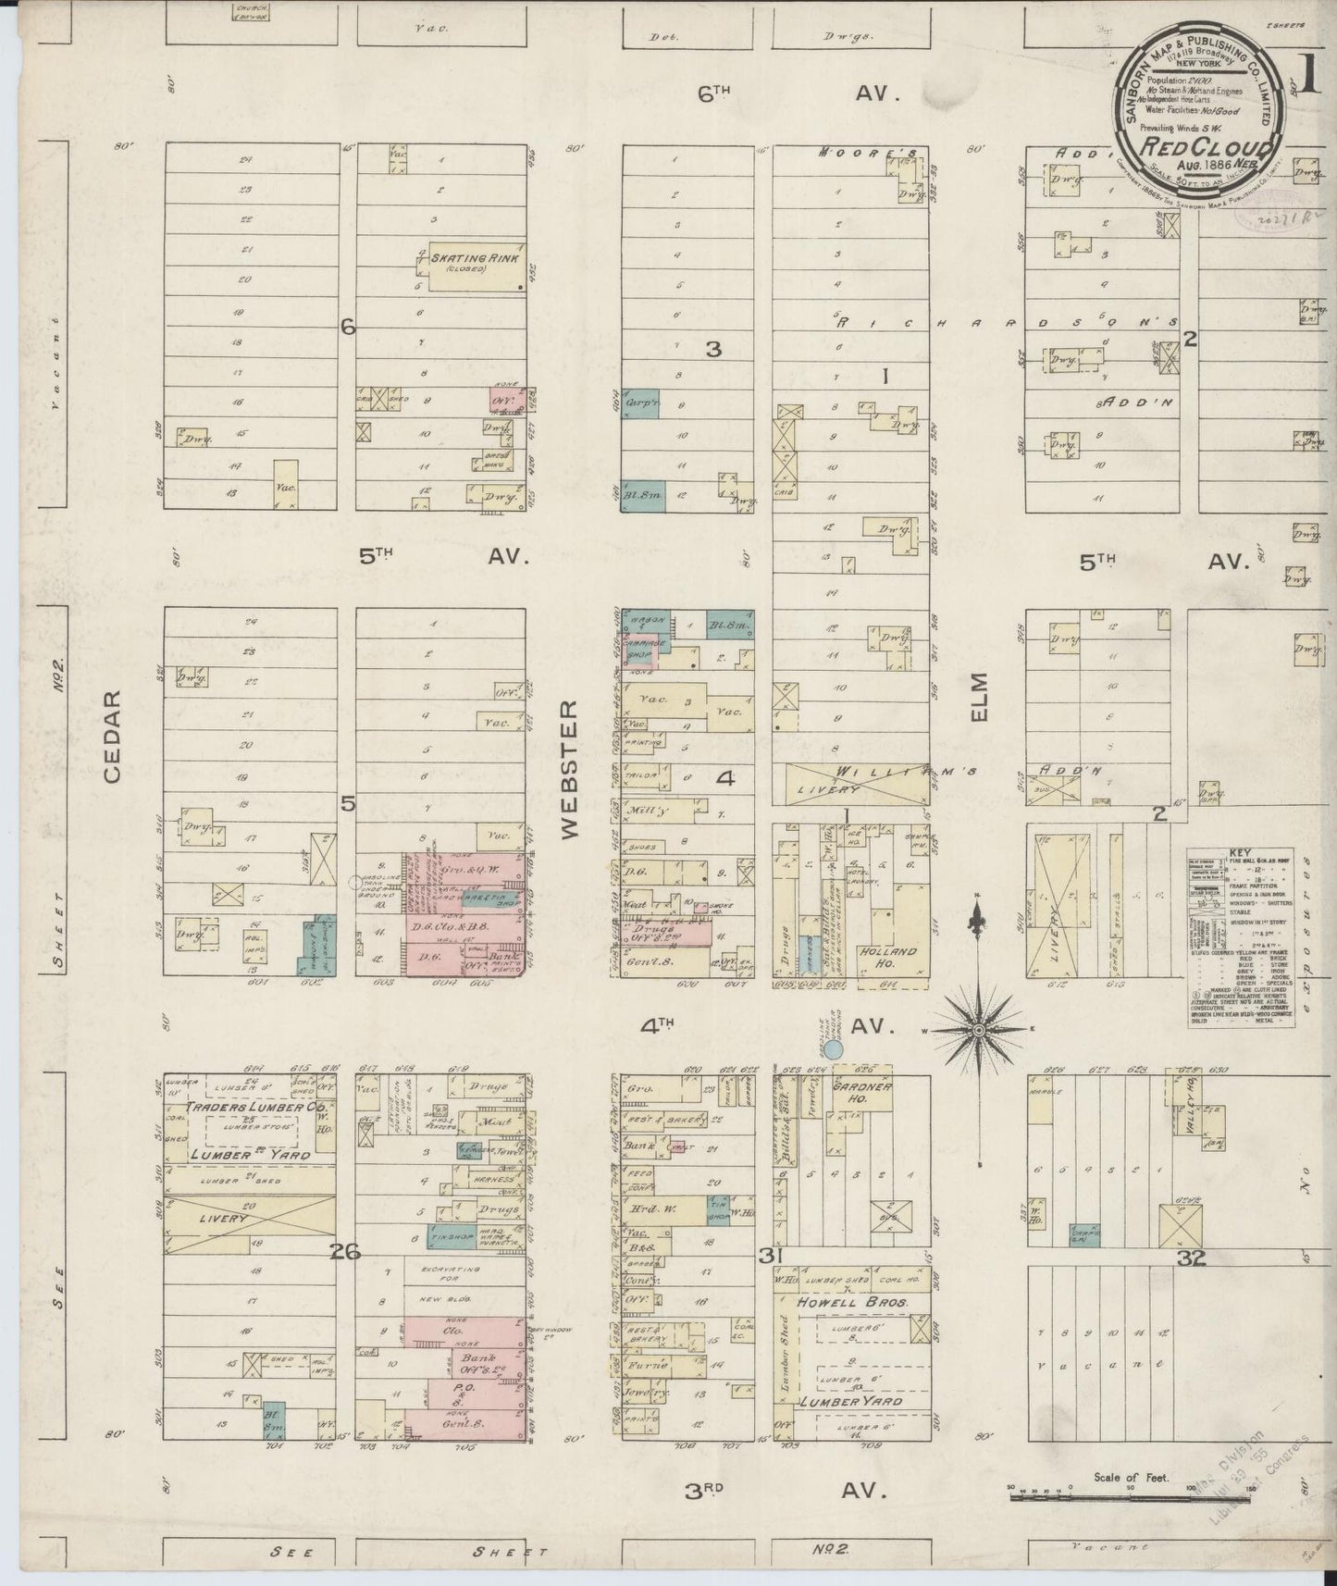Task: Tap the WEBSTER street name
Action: [x=567, y=769]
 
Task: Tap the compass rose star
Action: [x=980, y=1028]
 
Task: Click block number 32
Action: [x=1191, y=1257]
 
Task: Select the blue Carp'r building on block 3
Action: [x=640, y=403]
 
